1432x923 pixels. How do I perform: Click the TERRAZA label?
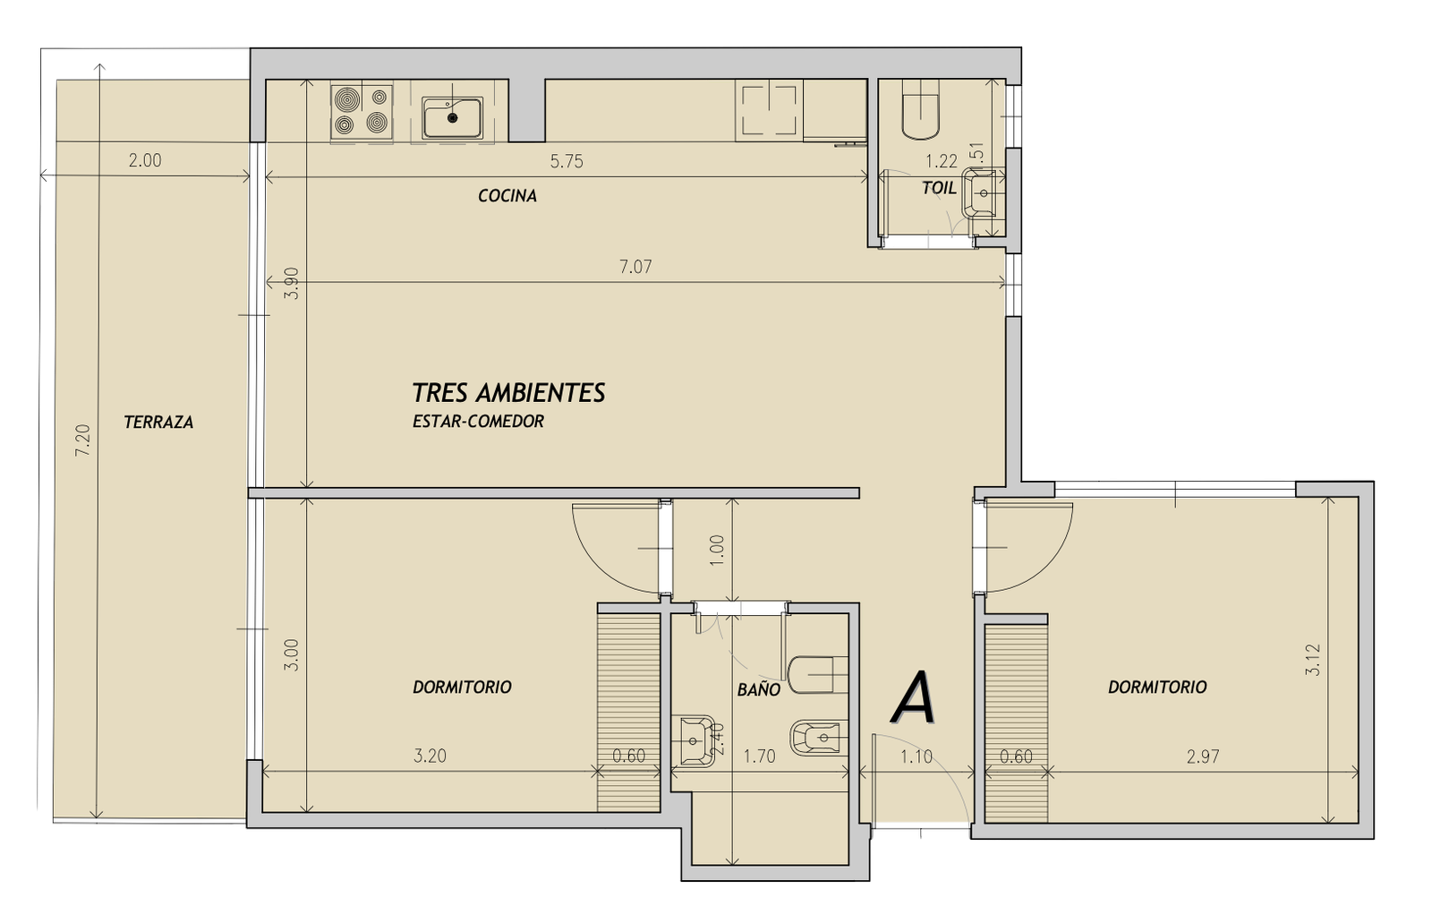pos(158,423)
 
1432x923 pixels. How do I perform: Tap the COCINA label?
pos(507,196)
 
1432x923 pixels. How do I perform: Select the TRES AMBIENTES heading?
pos(509,393)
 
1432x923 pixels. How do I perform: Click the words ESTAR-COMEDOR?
pos(478,422)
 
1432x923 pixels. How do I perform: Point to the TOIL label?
pos(939,188)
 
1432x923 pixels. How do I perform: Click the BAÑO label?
pos(759,688)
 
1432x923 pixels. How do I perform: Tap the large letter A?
pos(915,698)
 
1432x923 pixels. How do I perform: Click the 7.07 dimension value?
pos(635,267)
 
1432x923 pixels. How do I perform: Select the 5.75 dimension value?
pos(567,161)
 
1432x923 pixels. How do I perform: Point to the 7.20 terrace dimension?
pos(83,440)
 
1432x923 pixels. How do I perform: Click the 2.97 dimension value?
pos(1203,756)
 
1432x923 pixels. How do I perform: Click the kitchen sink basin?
pos(453,118)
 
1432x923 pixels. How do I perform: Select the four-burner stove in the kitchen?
pos(362,111)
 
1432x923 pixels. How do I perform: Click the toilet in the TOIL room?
pos(921,108)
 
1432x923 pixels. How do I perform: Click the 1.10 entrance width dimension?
pos(916,756)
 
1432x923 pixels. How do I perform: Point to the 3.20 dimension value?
pos(430,756)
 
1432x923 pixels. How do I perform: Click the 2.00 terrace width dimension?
pos(145,160)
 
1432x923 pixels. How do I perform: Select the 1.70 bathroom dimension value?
pos(760,756)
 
